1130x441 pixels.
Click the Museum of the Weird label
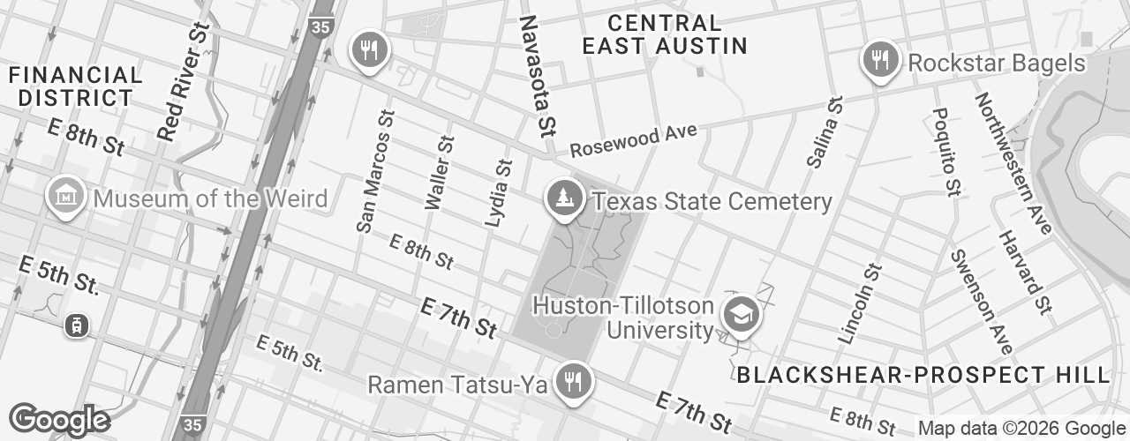pyautogui.click(x=209, y=198)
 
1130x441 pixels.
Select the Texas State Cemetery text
pyautogui.click(x=712, y=202)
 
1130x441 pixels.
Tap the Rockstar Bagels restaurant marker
pyautogui.click(x=879, y=61)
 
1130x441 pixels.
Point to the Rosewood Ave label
pyautogui.click(x=633, y=140)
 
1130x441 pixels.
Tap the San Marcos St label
pyautogui.click(x=374, y=172)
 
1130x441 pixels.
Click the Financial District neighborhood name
pyautogui.click(x=75, y=86)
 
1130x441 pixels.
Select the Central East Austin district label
pyautogui.click(x=665, y=34)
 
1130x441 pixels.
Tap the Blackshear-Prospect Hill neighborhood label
pyautogui.click(x=923, y=374)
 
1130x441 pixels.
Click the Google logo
pyautogui.click(x=58, y=420)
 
